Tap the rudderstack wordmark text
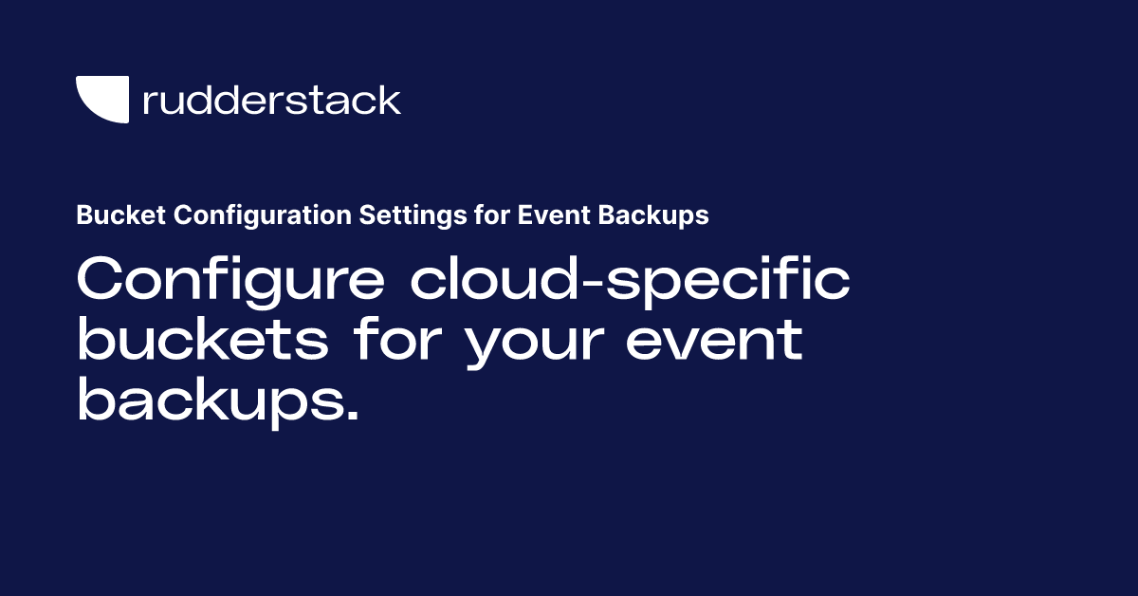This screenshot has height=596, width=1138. tap(271, 100)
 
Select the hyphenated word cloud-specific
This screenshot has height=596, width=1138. tap(631, 283)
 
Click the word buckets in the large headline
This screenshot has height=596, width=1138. tap(202, 341)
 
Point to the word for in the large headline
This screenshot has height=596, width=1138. tap(397, 341)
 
